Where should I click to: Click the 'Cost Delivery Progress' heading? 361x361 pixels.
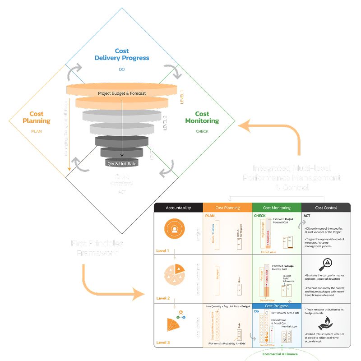pos(122,55)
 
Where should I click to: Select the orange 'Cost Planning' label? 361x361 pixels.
pos(37,118)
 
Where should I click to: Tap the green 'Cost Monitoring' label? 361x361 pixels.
pos(202,118)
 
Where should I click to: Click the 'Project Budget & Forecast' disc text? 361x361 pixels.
pos(122,93)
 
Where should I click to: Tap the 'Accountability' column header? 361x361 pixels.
pos(178,208)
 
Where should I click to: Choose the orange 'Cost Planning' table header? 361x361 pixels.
pos(227,208)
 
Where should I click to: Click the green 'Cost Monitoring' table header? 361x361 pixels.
pos(276,208)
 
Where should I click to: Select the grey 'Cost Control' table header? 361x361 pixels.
pos(326,208)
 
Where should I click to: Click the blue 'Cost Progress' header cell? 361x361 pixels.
pos(276,306)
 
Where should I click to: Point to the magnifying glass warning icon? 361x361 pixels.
pos(326,264)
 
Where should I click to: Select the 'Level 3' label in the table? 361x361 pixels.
pos(163,342)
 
